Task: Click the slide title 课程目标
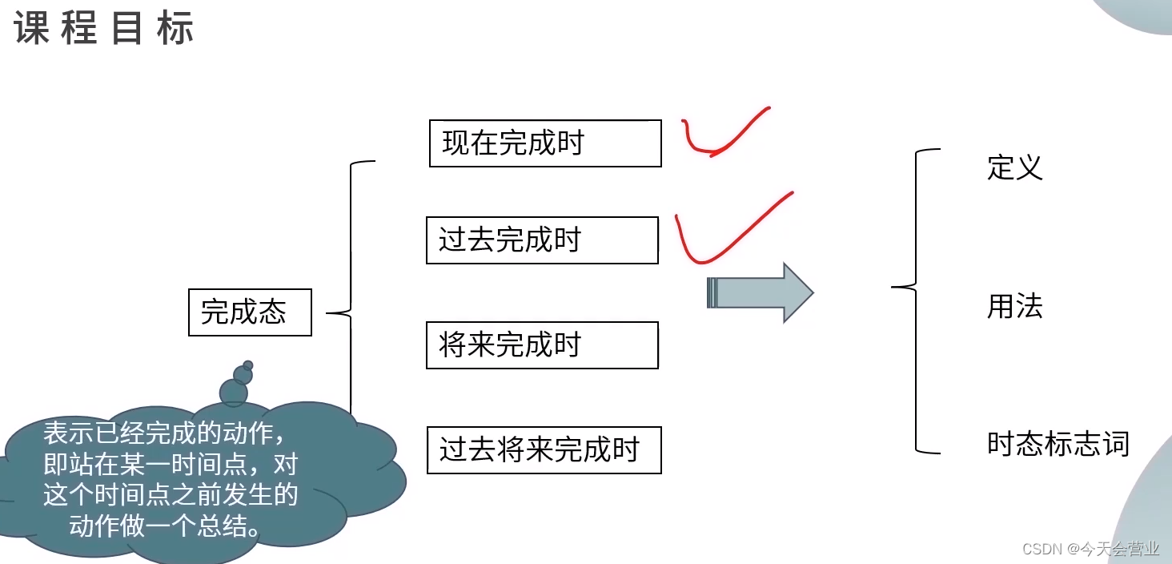[104, 30]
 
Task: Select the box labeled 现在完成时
[545, 143]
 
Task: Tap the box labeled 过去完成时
[542, 240]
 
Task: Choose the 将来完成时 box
[542, 345]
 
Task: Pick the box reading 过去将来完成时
[544, 450]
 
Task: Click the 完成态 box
[250, 312]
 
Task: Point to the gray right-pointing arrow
[760, 293]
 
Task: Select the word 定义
[1015, 167]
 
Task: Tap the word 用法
[1015, 307]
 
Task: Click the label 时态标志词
[1058, 444]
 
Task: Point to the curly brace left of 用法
[914, 300]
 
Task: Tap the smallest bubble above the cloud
[248, 365]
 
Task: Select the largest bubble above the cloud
[234, 393]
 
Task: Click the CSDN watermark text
[1091, 549]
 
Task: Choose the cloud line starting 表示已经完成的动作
[164, 433]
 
